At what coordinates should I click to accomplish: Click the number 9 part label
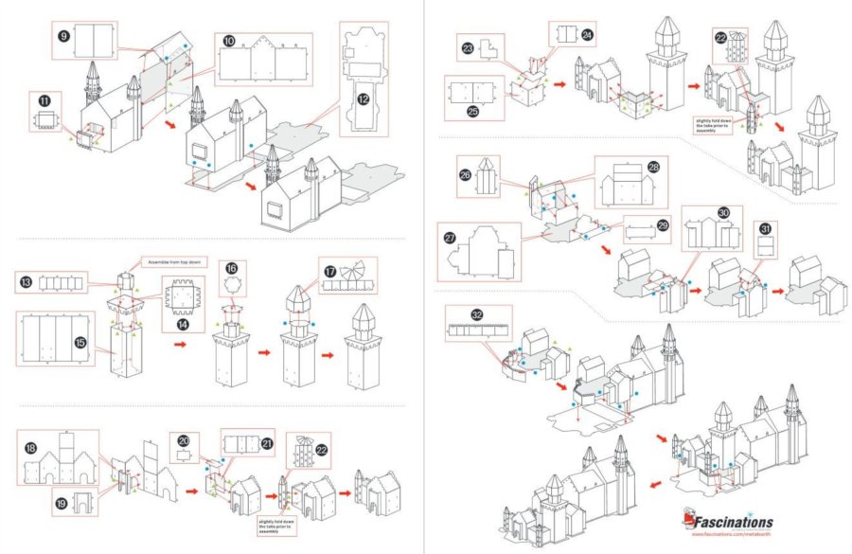click(x=63, y=36)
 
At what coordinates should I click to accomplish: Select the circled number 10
click(x=230, y=41)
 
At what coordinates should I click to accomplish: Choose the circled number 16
click(x=232, y=269)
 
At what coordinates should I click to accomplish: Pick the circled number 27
click(x=451, y=239)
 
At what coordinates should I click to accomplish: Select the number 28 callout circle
click(x=653, y=167)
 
